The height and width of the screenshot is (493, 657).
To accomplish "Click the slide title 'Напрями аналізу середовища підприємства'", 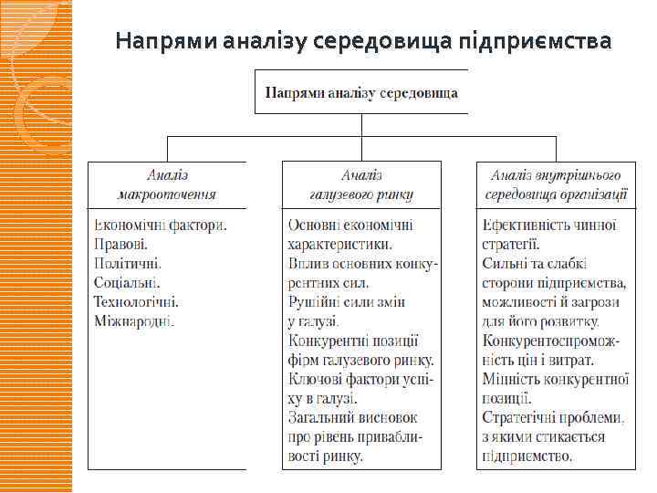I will [x=363, y=42].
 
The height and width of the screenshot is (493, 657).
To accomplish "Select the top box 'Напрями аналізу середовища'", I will [x=361, y=92].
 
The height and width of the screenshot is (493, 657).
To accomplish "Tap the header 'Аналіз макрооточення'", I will [x=167, y=184].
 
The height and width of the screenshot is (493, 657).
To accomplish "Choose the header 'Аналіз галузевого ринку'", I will [x=362, y=184].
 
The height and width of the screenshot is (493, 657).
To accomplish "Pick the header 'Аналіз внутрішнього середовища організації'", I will [x=557, y=184].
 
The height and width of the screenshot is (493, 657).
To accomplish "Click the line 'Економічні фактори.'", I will [x=159, y=226].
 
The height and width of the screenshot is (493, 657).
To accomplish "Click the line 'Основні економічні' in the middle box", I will [x=350, y=226].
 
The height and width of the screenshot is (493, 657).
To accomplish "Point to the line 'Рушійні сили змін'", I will [x=347, y=302].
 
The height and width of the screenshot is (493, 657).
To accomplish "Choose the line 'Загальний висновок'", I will [x=350, y=417].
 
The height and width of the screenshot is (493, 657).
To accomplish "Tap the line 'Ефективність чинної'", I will [x=549, y=226].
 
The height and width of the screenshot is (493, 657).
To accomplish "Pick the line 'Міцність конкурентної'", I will [x=556, y=379].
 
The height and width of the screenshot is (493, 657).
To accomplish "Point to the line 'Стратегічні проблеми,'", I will [x=554, y=417].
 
